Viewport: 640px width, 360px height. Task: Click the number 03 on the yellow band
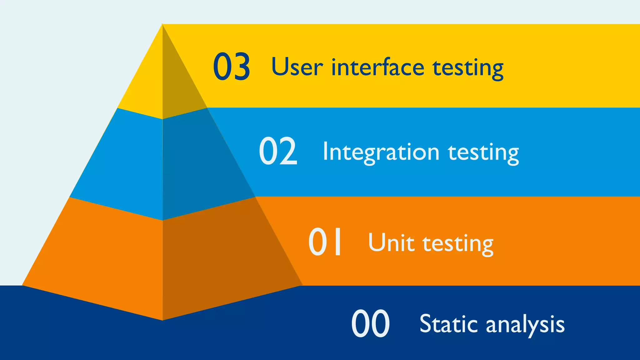(232, 67)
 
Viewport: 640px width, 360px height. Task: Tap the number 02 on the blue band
(278, 151)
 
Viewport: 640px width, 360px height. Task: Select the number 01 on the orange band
(325, 242)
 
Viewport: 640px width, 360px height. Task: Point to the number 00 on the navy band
(370, 323)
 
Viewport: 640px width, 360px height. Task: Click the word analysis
(525, 325)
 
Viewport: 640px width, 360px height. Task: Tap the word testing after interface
(468, 68)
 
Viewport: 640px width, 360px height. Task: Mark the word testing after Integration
(483, 153)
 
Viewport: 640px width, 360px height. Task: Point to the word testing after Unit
(458, 244)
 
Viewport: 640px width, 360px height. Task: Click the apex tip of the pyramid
(162, 25)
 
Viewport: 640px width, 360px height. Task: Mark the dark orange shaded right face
(219, 259)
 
